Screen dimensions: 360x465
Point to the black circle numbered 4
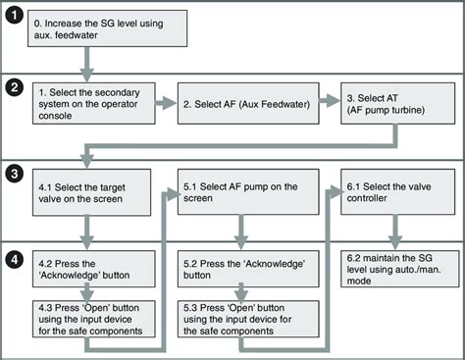(13, 262)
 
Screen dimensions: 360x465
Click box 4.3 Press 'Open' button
(92, 320)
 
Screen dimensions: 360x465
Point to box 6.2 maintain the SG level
(394, 269)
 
